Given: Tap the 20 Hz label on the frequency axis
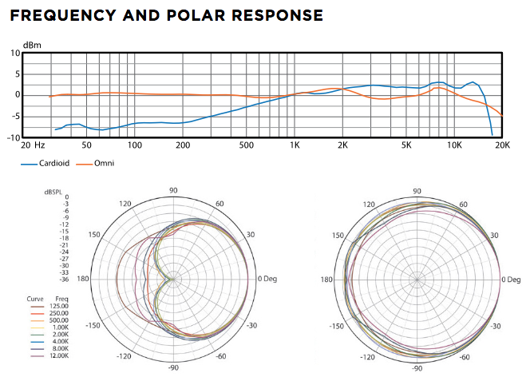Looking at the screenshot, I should (x=32, y=145).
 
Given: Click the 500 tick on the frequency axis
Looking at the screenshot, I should (x=246, y=145).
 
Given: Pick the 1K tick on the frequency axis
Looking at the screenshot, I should (x=295, y=145).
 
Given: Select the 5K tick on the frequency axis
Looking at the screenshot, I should (x=406, y=145).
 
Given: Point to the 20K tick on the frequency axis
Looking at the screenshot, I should (x=502, y=145).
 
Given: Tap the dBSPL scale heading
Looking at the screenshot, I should (x=53, y=192).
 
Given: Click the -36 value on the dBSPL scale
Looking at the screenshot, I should (x=64, y=280).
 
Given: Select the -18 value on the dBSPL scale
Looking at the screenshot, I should (x=64, y=238).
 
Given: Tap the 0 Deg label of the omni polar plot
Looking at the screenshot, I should (x=511, y=280).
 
